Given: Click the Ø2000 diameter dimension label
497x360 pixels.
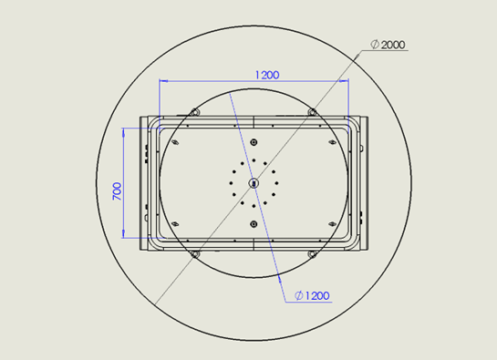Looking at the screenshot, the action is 388,45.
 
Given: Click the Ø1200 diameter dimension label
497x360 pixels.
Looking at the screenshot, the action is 312,295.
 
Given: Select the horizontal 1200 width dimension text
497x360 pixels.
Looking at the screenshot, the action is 267,75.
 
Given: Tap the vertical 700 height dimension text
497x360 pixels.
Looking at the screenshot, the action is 117,190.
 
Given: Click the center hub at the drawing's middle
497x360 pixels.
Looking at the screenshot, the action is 254,183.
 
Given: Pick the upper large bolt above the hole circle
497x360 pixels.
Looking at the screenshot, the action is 254,142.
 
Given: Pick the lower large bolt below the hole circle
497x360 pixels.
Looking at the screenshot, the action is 254,224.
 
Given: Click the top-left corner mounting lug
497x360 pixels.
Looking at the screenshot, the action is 194,112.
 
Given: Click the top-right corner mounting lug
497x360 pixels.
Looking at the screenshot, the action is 313,112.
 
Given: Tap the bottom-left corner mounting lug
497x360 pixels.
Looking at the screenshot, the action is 195,254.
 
